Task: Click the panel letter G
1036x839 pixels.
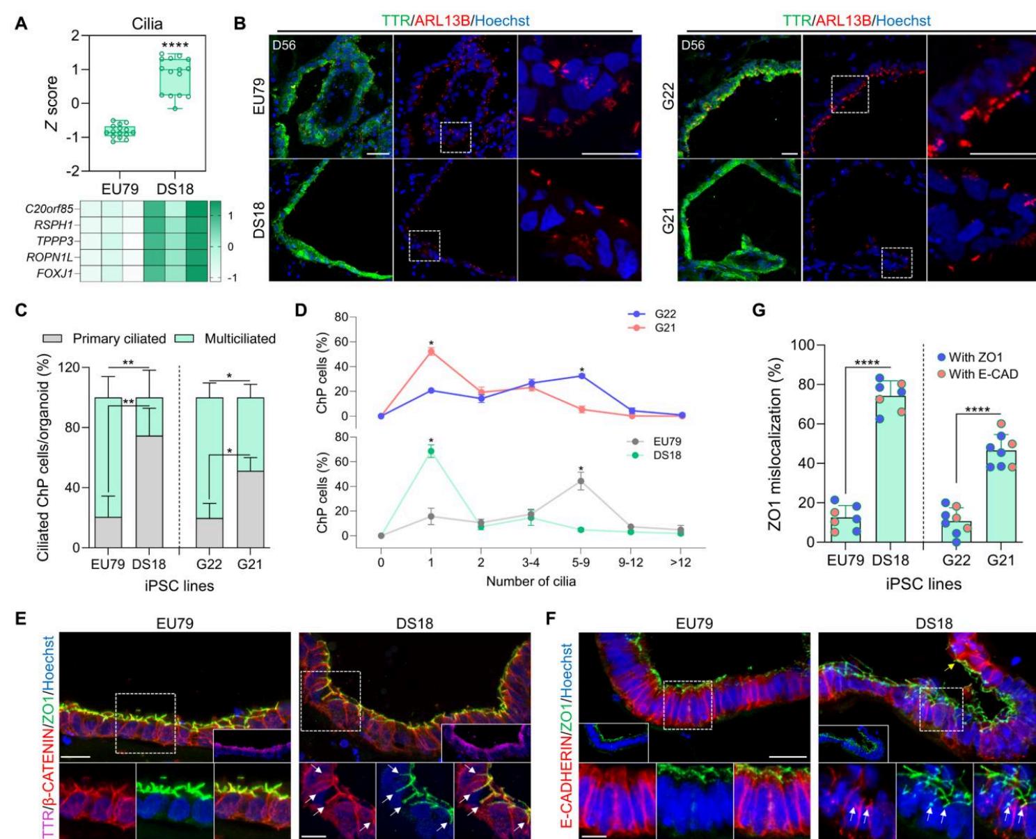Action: coord(759,310)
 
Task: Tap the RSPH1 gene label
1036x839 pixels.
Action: coord(56,225)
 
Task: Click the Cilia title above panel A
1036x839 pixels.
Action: coord(147,24)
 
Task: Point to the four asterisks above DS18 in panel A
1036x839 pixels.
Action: coord(175,47)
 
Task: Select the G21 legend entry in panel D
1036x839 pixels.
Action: coord(665,328)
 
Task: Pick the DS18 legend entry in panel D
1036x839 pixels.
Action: coord(667,455)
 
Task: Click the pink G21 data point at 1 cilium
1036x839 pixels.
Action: coord(431,351)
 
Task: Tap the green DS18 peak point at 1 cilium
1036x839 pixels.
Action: coord(431,452)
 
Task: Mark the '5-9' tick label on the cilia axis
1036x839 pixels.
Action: coord(581,562)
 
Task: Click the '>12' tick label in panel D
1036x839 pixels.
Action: coord(680,562)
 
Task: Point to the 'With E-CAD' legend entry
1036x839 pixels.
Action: coord(982,374)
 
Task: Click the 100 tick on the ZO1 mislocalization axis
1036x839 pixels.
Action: coord(801,345)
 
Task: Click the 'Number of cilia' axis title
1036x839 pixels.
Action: coord(531,581)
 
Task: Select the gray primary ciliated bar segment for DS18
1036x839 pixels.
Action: coord(149,491)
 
